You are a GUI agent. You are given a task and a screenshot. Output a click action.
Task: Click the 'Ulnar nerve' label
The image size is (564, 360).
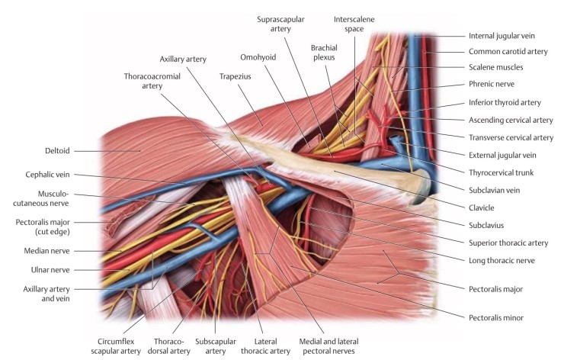50,268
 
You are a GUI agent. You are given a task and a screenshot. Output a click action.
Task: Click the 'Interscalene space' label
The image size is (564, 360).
354,23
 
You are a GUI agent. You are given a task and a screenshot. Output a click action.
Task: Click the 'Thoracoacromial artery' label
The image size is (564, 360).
152,81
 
